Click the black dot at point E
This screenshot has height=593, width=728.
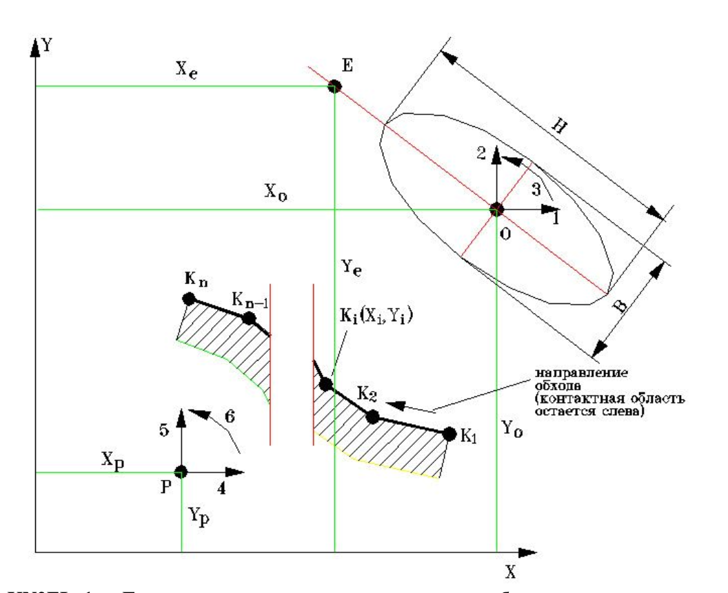(334, 86)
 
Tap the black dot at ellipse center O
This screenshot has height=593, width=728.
(496, 209)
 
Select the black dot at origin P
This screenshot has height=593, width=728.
(181, 472)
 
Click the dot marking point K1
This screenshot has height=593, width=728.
(449, 434)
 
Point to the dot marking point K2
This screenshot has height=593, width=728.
(373, 416)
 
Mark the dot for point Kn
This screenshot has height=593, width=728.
(188, 299)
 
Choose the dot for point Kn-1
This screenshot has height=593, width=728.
(250, 319)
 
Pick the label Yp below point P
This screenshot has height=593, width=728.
(199, 511)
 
